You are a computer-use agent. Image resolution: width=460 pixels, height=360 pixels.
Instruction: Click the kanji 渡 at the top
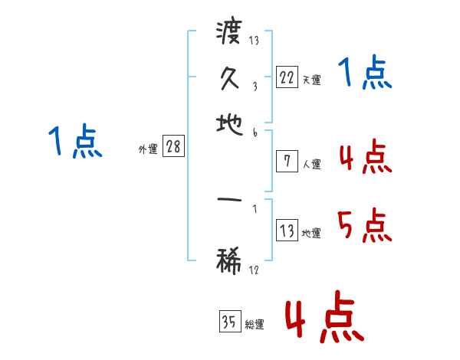[x=229, y=34]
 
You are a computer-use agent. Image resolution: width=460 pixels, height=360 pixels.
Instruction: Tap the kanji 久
[x=229, y=77]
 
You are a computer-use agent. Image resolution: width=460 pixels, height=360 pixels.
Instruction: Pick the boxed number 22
[x=286, y=77]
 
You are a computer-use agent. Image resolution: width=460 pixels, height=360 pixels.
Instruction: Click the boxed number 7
[x=286, y=161]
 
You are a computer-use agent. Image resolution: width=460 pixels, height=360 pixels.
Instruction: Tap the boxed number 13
[x=286, y=231]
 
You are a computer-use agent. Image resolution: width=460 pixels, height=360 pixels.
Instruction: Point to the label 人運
[x=311, y=164]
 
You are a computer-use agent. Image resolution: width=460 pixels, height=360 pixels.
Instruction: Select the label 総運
[x=255, y=325]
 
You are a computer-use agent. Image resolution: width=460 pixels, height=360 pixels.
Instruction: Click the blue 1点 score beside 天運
[x=365, y=75]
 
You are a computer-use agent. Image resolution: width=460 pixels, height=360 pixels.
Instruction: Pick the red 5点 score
[x=365, y=227]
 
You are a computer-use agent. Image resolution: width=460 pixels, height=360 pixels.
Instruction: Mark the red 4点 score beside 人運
[x=365, y=158]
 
